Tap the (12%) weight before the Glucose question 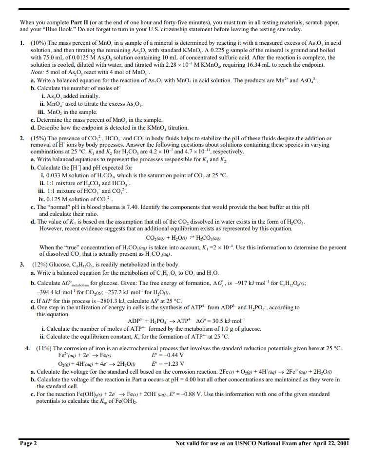[x=39, y=265]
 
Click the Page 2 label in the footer [x=29, y=443]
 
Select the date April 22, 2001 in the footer [x=326, y=443]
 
